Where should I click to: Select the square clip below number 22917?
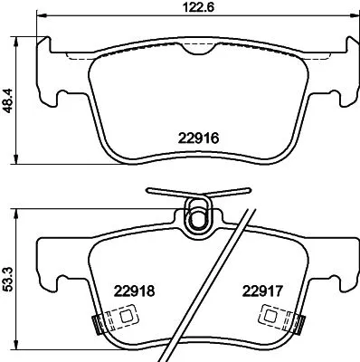(x=269, y=316)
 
